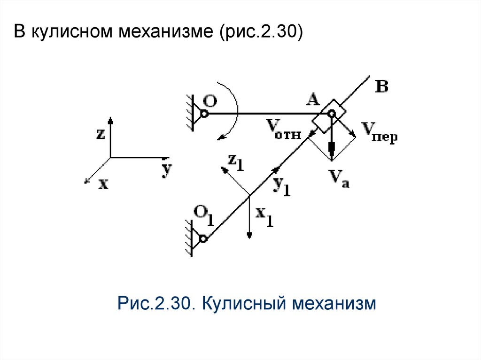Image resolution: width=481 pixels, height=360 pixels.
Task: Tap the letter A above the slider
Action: [312, 100]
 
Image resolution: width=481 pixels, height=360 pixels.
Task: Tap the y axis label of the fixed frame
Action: [165, 170]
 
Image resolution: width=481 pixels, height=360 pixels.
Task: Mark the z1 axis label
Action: [236, 162]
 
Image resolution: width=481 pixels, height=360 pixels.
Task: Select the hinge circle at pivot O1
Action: [203, 239]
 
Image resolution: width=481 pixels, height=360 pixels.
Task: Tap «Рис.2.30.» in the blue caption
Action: [156, 303]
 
